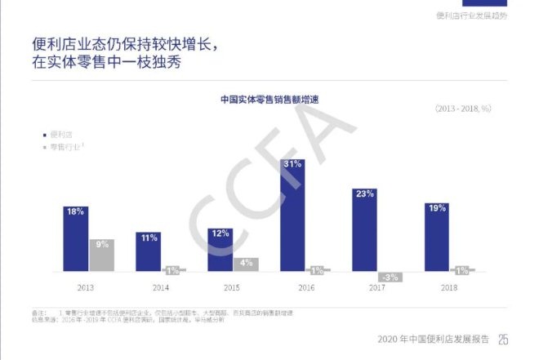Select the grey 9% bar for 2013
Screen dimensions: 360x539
coord(101,255)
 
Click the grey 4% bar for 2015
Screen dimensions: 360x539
coord(245,264)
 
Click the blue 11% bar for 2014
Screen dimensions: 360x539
coord(148,251)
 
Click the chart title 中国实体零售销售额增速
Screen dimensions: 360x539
coord(269,99)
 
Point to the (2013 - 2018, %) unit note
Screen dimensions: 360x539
coord(463,108)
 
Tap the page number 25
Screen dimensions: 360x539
coord(503,340)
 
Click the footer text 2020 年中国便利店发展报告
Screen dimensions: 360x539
coord(434,340)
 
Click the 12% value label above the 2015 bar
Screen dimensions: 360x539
coord(220,233)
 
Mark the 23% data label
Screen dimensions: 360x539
coord(364,193)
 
